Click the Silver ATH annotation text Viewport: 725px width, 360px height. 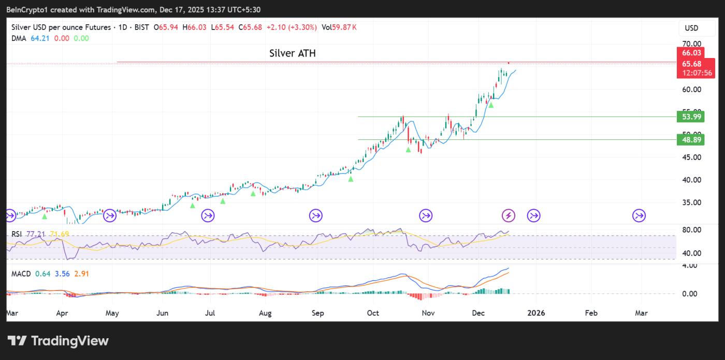pos(292,53)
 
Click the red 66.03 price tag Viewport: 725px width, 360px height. pos(691,53)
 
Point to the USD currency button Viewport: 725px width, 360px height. pos(691,28)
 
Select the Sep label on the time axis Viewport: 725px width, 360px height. pos(318,313)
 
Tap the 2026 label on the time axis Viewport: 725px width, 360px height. pos(535,313)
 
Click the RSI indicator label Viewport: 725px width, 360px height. pos(17,234)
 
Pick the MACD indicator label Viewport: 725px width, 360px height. pos(21,273)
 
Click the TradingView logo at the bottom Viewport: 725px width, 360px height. pos(58,340)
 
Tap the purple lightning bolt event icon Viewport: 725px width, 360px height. pos(509,215)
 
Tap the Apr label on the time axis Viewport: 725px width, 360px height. pos(62,313)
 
